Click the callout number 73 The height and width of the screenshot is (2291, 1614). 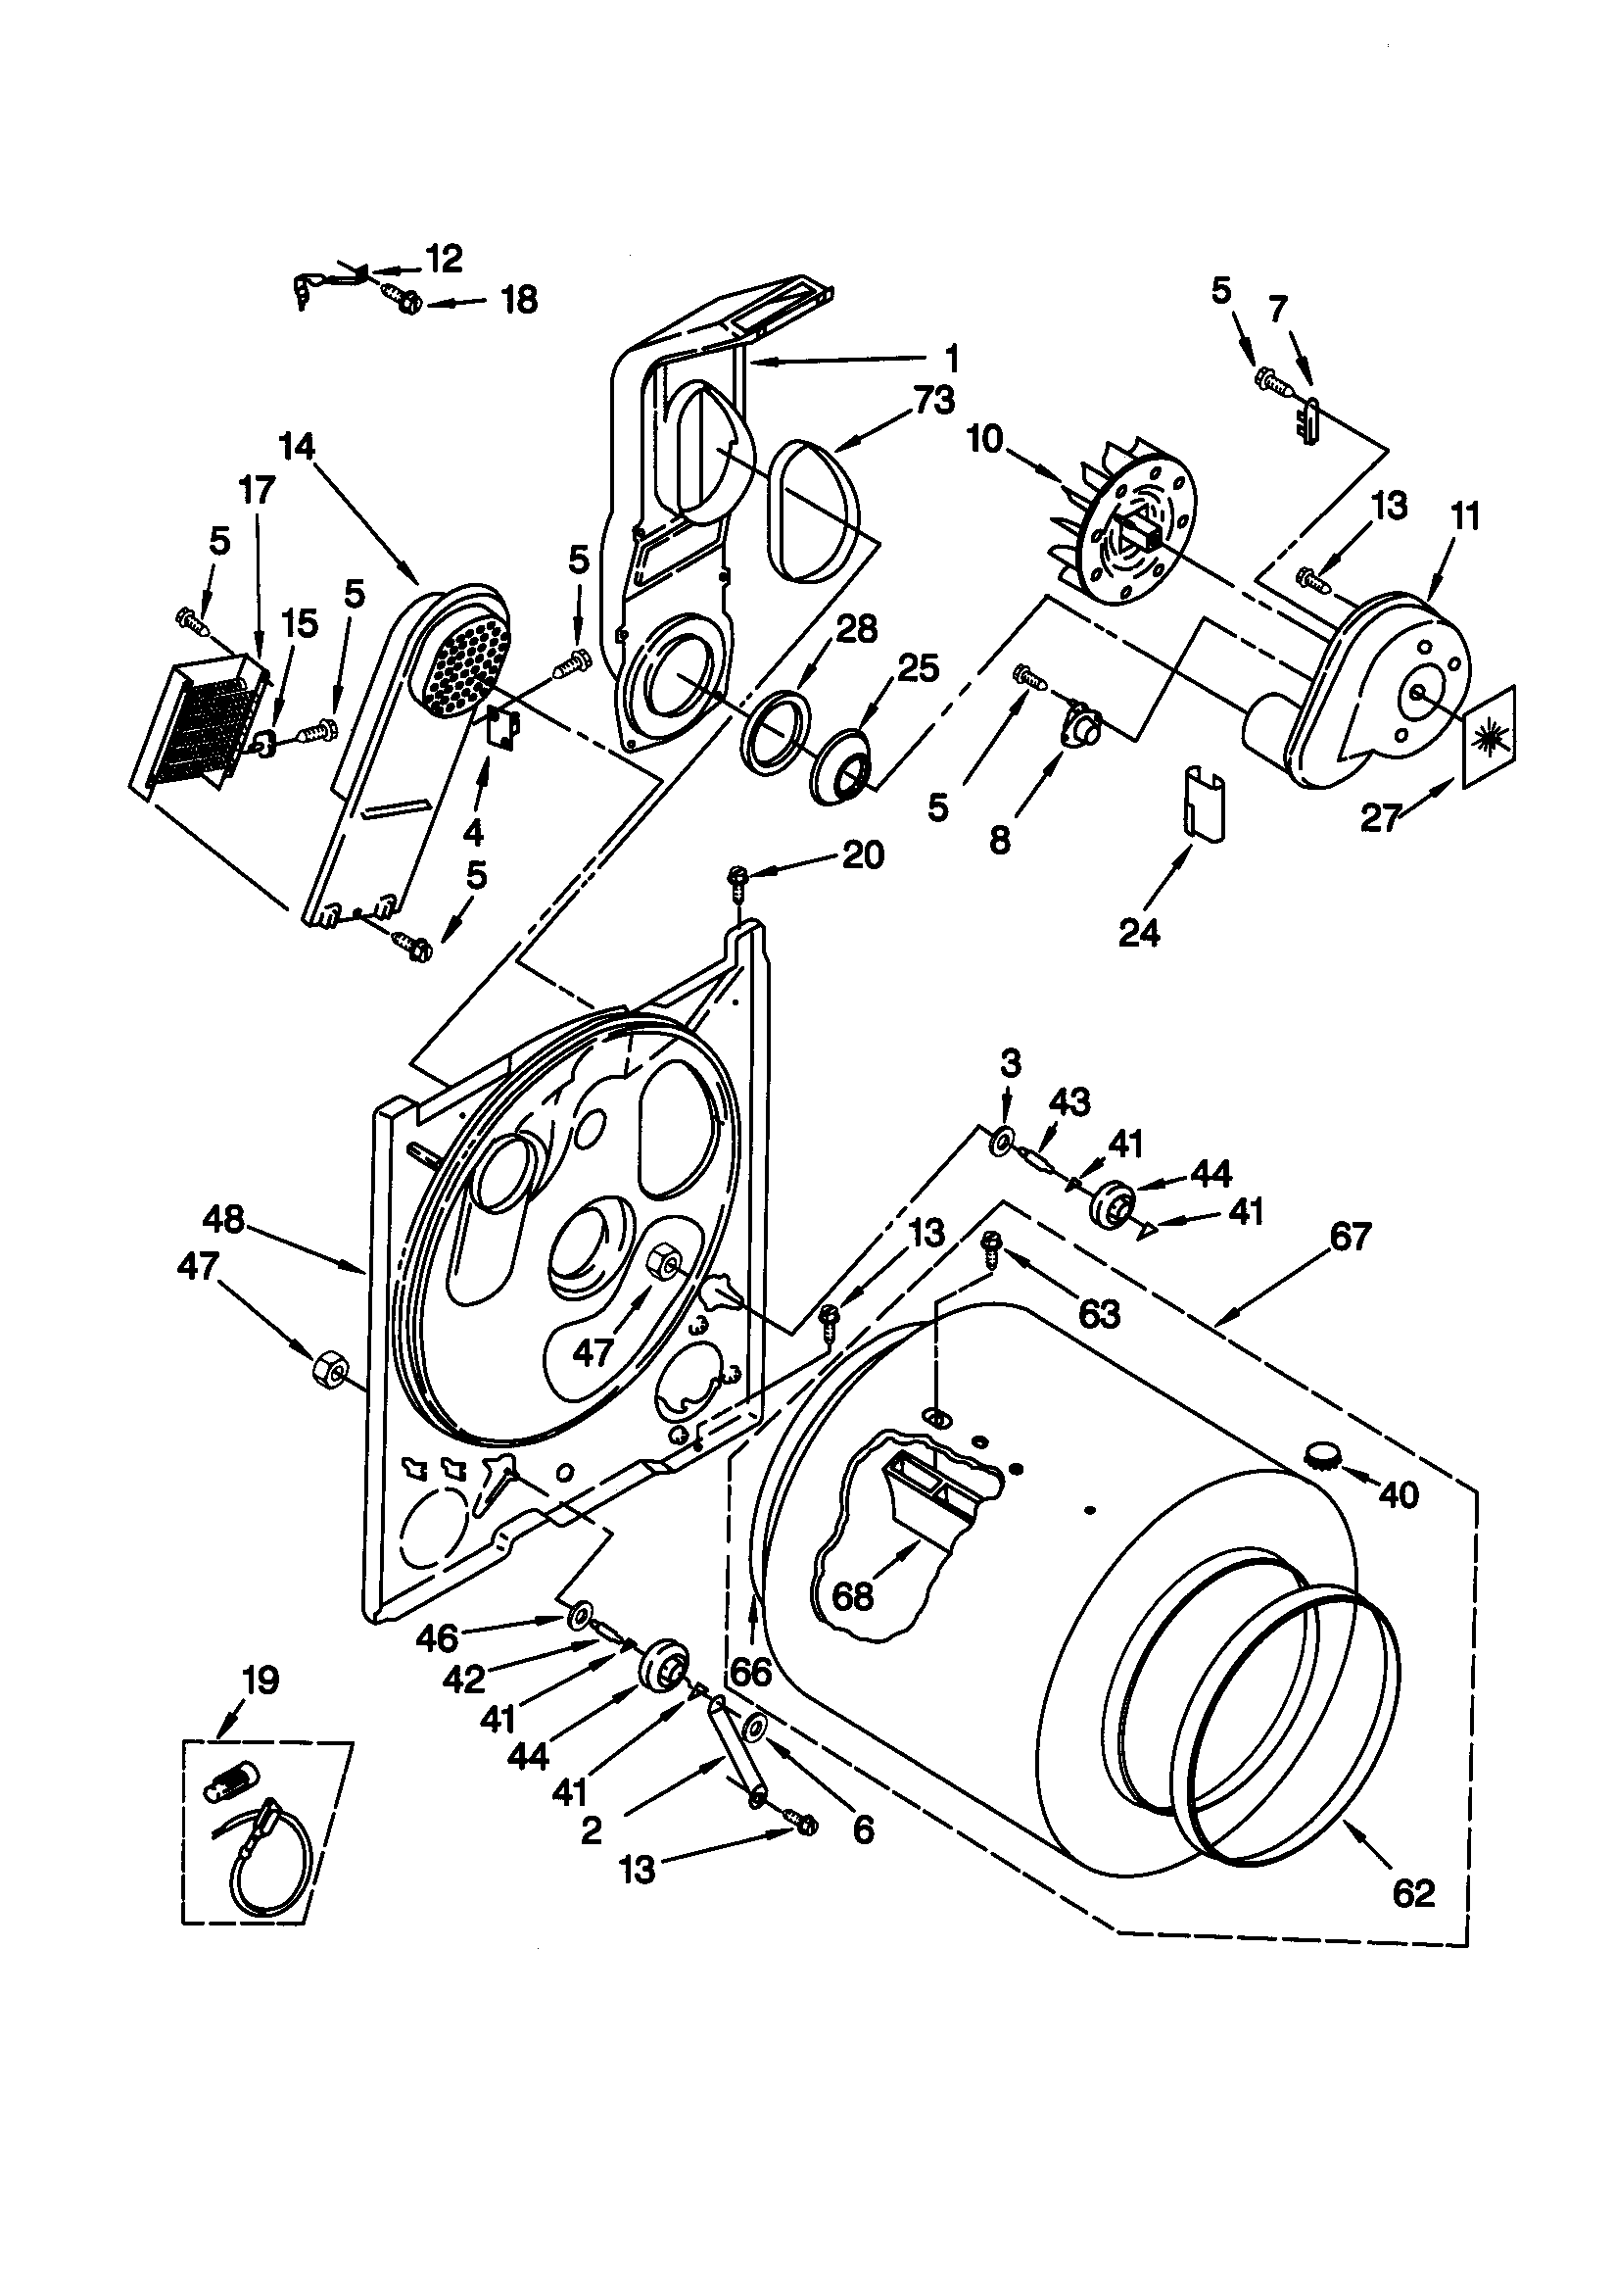[933, 401]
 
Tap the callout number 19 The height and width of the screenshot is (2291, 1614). [261, 1681]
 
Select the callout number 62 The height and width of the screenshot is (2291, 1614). [1412, 1892]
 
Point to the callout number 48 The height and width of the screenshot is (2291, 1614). [223, 1219]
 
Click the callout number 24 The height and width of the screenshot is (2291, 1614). [1139, 932]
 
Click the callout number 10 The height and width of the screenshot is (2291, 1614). [984, 439]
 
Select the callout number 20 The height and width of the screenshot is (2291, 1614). [863, 855]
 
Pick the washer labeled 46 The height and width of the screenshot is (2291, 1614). [579, 1615]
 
